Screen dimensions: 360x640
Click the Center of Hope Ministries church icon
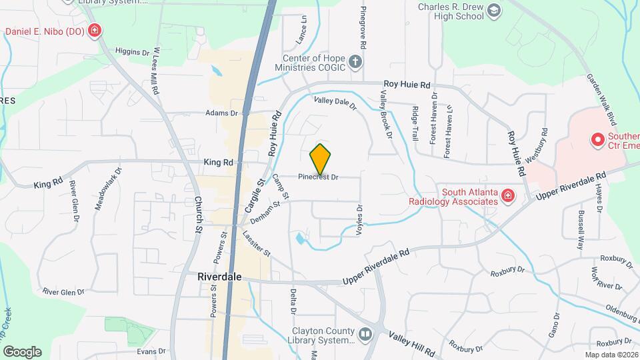point(356,63)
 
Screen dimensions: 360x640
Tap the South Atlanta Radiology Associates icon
point(508,195)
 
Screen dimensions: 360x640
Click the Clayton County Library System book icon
point(365,333)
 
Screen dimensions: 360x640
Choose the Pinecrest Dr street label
point(319,177)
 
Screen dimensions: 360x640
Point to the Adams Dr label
point(221,113)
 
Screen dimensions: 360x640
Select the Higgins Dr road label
point(132,51)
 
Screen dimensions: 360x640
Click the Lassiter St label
point(257,243)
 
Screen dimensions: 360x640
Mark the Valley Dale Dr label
point(335,103)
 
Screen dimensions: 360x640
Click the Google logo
point(22,351)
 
